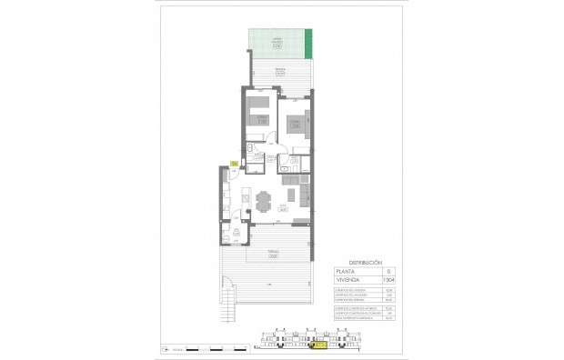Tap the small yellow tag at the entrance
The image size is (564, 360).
click(x=234, y=163)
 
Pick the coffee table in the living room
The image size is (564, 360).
click(x=291, y=195)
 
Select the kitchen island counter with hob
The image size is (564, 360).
click(x=246, y=195)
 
